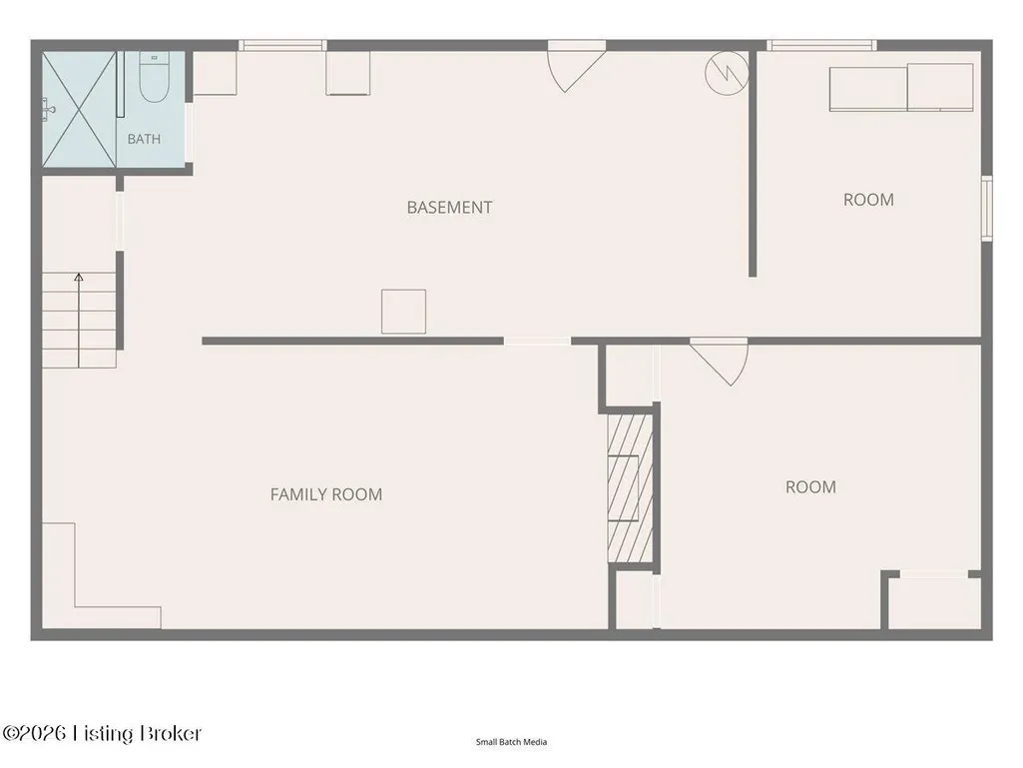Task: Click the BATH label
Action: point(144,139)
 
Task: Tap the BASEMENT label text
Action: point(449,207)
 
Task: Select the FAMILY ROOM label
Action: point(326,494)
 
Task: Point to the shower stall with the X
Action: point(79,109)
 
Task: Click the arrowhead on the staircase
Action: point(78,278)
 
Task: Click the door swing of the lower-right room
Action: point(719,362)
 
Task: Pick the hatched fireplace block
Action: point(630,487)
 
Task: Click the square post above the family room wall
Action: point(404,312)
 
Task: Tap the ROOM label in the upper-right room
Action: point(868,200)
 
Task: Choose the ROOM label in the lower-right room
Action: point(810,487)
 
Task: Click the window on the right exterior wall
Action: point(988,208)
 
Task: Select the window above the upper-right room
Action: point(821,45)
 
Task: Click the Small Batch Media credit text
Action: point(511,742)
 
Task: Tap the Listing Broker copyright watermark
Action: point(102,733)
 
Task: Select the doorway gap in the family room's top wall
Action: point(538,341)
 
